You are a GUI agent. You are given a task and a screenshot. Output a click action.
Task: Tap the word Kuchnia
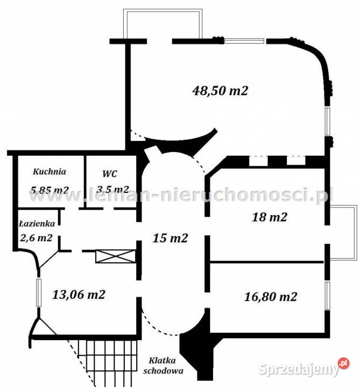click(50, 172)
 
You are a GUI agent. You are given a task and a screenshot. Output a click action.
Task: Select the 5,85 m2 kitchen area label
click(50, 189)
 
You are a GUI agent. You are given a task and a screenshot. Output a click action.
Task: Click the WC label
click(110, 174)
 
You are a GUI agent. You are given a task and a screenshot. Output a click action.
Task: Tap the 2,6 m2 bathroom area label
click(35, 238)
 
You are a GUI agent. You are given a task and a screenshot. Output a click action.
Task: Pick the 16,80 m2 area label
click(271, 296)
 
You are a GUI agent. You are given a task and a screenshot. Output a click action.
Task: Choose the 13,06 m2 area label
click(79, 294)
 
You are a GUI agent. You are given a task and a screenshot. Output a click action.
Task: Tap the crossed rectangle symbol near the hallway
click(115, 256)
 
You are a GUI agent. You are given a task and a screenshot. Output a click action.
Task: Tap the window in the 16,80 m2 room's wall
click(327, 295)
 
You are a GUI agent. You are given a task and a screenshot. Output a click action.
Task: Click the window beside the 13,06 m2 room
click(39, 293)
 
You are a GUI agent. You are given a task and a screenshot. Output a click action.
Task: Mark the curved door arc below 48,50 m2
click(183, 141)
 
